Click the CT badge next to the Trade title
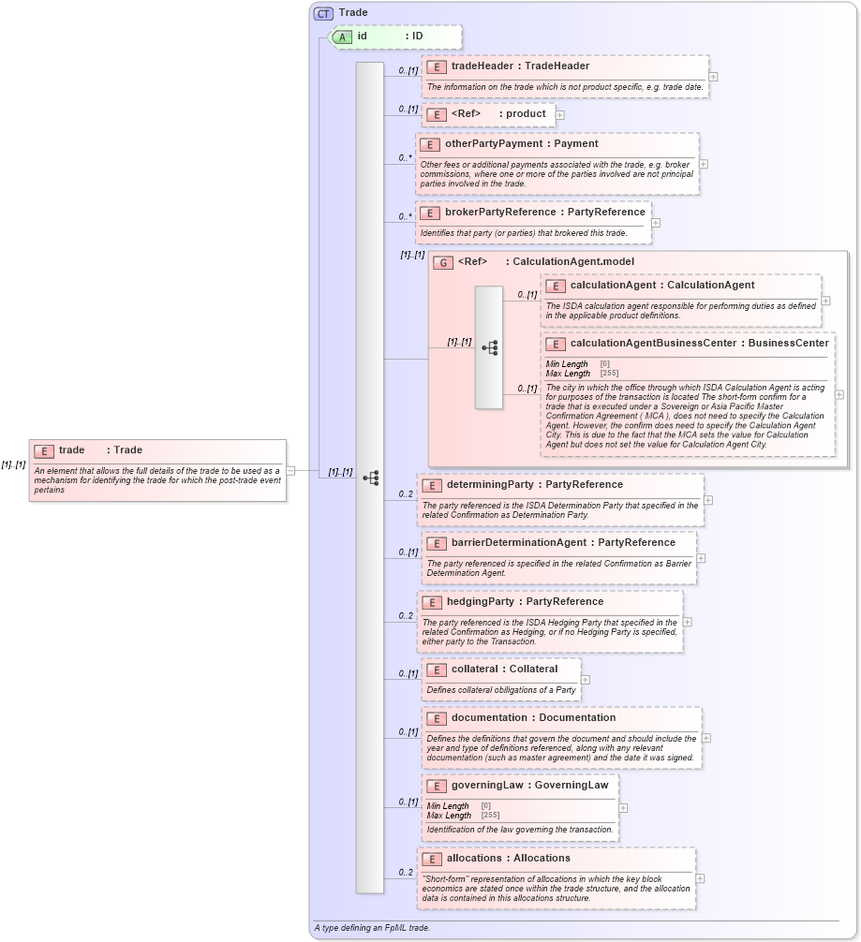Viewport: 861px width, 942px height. (323, 13)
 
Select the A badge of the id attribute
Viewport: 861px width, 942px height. (343, 37)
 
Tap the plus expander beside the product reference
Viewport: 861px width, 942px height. (560, 115)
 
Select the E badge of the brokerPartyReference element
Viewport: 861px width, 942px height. (430, 213)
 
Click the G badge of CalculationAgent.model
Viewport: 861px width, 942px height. (444, 263)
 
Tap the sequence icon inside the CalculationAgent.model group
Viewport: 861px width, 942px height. (489, 347)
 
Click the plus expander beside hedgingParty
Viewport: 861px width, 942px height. (687, 621)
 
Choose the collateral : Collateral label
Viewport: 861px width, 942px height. (503, 670)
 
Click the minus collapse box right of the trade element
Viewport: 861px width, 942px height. (291, 471)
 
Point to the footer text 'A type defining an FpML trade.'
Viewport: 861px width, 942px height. (372, 928)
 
